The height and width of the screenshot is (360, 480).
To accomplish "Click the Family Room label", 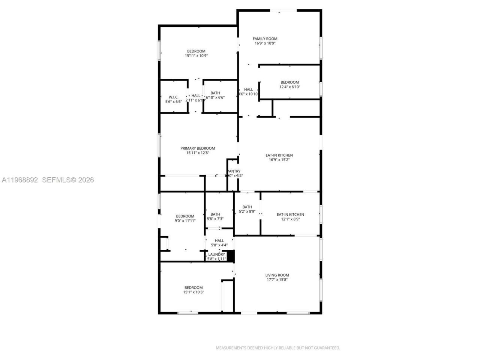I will pos(265,39).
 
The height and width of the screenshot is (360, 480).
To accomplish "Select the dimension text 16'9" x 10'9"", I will pos(265,43).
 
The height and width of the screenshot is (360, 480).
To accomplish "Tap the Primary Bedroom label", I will pos(197,148).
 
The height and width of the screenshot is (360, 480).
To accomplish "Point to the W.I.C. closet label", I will pos(173,97).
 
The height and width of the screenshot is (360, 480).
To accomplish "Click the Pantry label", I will pos(234,171).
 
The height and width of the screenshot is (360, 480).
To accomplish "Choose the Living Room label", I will pos(277,275).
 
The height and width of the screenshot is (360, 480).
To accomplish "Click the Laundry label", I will pos(217,254).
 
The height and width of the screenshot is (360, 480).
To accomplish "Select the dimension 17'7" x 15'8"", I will pos(277,279).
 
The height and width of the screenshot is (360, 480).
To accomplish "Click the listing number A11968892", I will pos(20,180).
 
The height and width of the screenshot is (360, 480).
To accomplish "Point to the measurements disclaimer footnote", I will pos(277,348).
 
